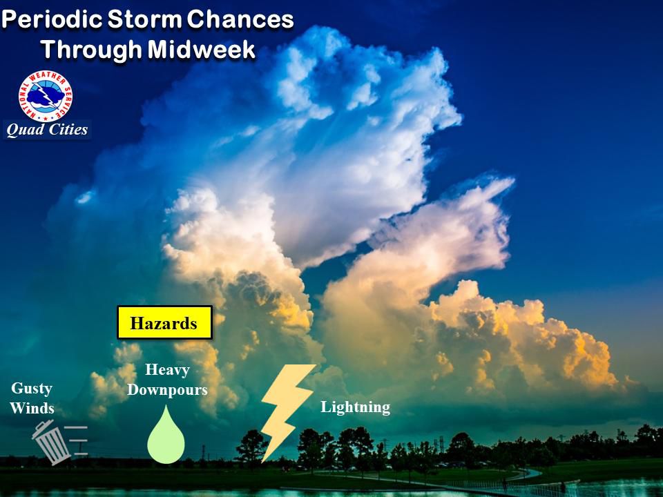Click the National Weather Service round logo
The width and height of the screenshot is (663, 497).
coord(46,95)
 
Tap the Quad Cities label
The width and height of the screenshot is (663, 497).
coord(48,130)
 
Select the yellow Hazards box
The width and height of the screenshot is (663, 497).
coord(164,322)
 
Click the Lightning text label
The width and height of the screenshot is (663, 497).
coord(355,407)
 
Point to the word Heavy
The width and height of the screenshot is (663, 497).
coord(167,371)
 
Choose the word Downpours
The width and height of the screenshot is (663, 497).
coord(167,389)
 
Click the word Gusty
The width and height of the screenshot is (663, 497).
coord(32,389)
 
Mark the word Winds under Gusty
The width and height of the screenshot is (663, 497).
coord(32,408)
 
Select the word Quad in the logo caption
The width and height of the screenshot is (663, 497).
coord(22,130)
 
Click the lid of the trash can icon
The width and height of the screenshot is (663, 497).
coord(43,427)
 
